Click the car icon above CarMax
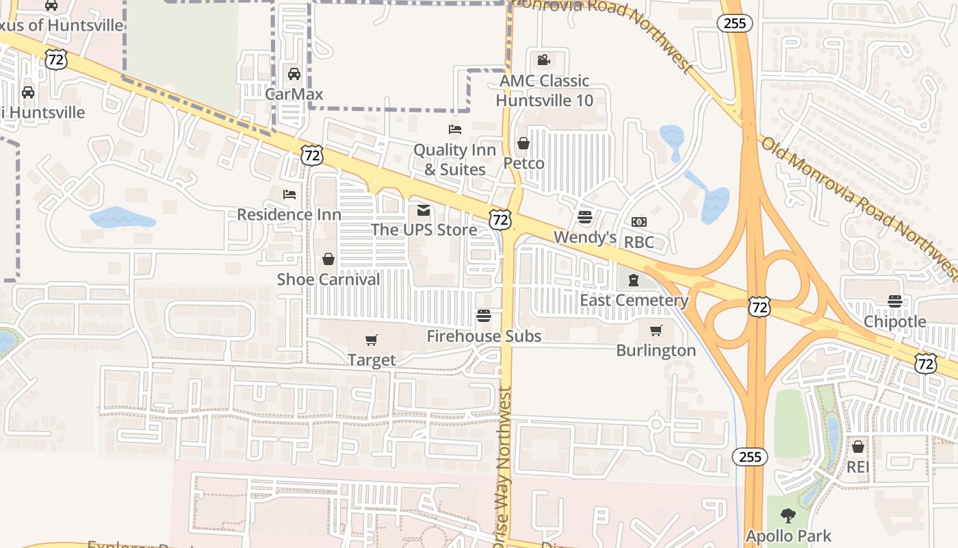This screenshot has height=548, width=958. (294, 74)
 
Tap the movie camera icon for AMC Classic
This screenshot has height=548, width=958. (544, 60)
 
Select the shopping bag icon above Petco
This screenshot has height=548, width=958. (523, 143)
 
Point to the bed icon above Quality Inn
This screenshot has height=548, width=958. (454, 129)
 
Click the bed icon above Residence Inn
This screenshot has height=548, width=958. (289, 195)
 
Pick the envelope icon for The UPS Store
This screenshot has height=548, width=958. (424, 210)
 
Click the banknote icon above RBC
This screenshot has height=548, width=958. (639, 222)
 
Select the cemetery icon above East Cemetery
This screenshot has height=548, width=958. (634, 280)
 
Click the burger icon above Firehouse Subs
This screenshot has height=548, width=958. (484, 316)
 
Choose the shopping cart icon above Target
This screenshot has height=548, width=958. (372, 340)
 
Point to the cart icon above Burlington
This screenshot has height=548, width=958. (656, 331)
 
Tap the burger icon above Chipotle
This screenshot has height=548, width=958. (894, 301)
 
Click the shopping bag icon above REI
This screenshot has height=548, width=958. (857, 447)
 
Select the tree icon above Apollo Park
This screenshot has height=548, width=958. (788, 515)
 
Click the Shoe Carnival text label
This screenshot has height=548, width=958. (328, 279)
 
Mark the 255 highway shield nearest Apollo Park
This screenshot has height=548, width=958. (750, 457)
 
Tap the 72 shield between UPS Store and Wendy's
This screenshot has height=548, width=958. (500, 220)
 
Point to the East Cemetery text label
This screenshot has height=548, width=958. (634, 300)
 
